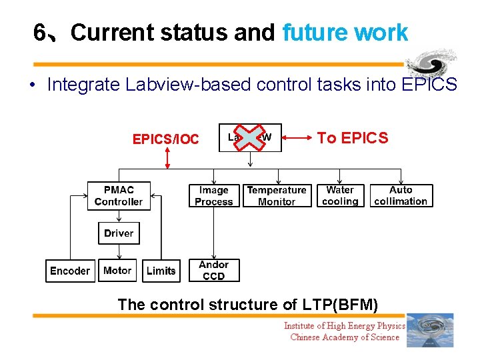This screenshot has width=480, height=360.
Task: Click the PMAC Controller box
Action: tap(119, 196)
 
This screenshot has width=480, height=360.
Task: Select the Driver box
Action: tap(119, 233)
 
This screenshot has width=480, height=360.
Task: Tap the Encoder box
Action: tap(69, 271)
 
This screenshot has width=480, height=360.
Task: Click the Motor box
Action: tap(117, 271)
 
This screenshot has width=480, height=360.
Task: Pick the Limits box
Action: tap(161, 271)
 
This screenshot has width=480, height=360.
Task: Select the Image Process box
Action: tap(214, 196)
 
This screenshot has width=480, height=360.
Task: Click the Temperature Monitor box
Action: tap(277, 196)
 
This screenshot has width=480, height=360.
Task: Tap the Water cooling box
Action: tap(340, 195)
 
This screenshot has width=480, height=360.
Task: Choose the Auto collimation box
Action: tap(401, 195)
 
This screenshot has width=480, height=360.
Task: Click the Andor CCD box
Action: tap(214, 270)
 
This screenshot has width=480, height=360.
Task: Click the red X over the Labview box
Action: tap(250, 137)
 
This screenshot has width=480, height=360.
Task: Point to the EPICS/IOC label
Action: tap(165, 139)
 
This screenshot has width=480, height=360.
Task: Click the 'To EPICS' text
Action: tap(352, 138)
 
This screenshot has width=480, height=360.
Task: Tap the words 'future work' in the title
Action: tap(345, 32)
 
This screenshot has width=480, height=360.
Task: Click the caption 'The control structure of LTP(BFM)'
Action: tap(247, 305)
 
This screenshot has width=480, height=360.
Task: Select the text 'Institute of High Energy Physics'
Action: tap(344, 326)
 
